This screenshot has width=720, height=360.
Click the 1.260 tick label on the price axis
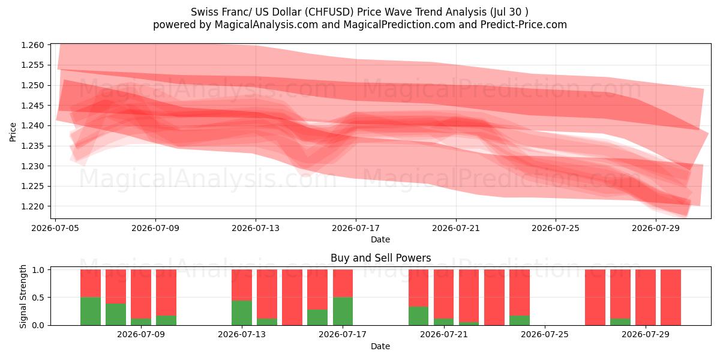click(32, 45)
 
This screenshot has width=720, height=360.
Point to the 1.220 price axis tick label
click(32, 206)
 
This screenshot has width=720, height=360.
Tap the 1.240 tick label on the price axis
click(32, 125)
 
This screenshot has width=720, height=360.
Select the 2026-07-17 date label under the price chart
click(356, 228)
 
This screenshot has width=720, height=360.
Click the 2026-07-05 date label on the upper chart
click(55, 228)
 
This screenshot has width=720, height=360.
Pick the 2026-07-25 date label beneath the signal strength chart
click(545, 335)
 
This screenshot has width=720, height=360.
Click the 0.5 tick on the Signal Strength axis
click(38, 298)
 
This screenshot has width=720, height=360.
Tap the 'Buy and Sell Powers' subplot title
click(380, 258)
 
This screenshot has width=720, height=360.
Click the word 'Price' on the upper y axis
click(13, 132)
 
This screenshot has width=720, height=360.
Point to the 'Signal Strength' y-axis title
click(23, 296)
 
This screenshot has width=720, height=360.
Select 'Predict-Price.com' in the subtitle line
click(524, 25)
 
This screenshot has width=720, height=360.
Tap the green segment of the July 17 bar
click(343, 311)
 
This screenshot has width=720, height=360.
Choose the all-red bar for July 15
click(292, 298)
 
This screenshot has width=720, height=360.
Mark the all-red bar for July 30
click(671, 298)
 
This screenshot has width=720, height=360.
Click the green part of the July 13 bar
click(242, 313)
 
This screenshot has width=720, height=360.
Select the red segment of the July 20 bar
click(419, 288)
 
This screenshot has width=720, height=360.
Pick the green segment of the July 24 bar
click(520, 320)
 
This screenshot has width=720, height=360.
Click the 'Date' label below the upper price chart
click(380, 239)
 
